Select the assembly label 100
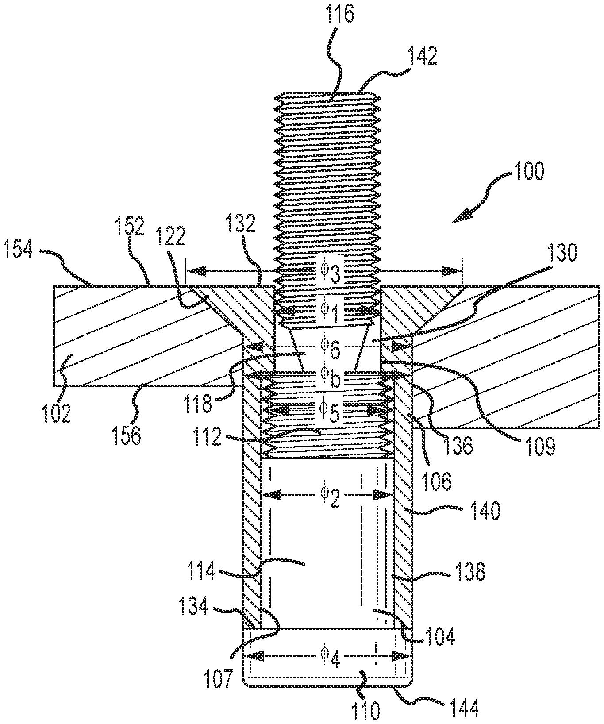point(528,171)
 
